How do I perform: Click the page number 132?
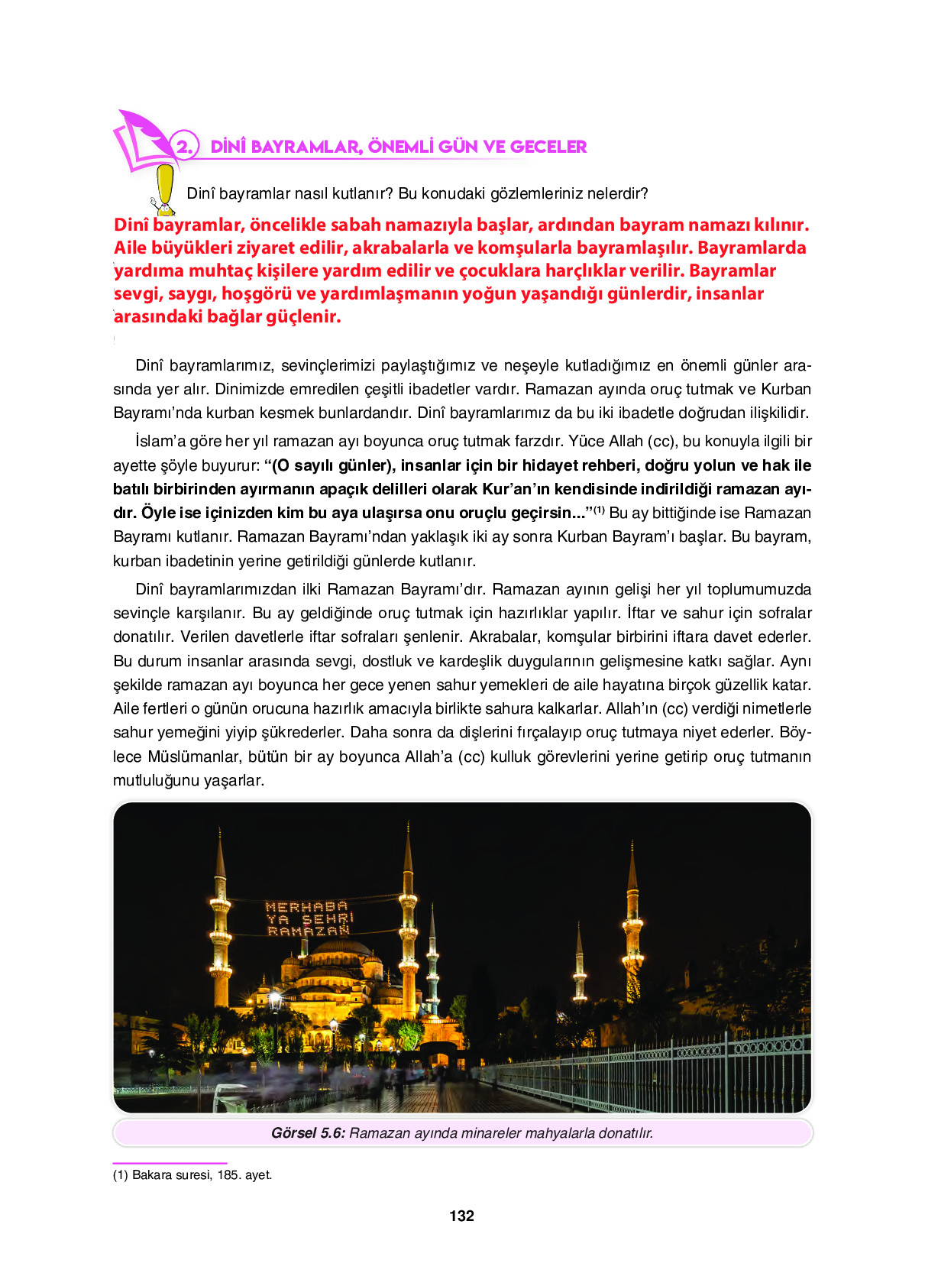[x=461, y=1216]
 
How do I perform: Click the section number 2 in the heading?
[x=183, y=146]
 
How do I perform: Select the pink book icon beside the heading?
[x=141, y=141]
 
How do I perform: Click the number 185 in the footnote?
[x=228, y=1174]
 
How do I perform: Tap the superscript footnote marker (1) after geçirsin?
[x=600, y=510]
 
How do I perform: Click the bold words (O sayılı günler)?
[x=333, y=465]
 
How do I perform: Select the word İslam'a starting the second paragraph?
[x=160, y=441]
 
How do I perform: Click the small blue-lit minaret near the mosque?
[x=432, y=963]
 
